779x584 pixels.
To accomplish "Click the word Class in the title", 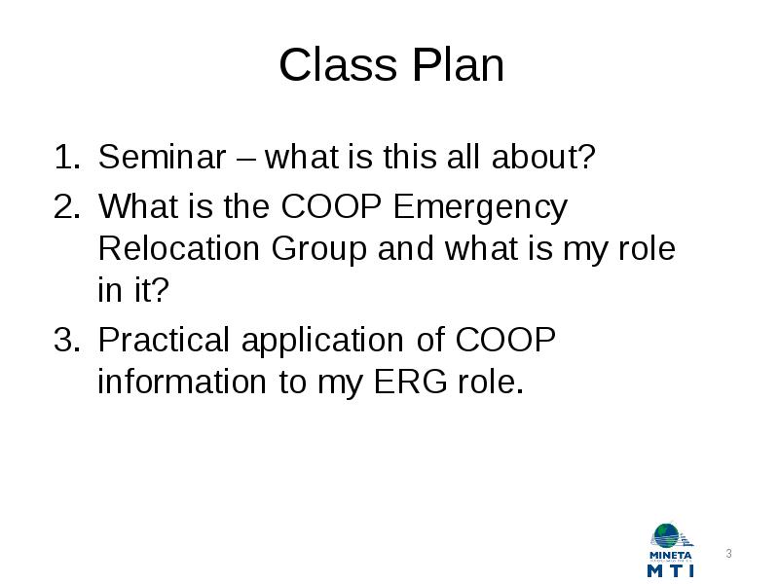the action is (x=338, y=64).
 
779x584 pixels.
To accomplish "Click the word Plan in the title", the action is (x=458, y=64).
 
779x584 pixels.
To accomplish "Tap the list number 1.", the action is (x=66, y=157).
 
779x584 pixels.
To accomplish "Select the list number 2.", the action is (x=66, y=206).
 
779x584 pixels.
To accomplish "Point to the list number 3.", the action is (x=66, y=340).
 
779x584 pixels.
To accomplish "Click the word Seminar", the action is (x=162, y=157).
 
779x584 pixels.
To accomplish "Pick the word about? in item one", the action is (x=543, y=157).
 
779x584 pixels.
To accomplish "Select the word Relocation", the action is (x=179, y=248).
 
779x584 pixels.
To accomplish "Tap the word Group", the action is (x=319, y=251).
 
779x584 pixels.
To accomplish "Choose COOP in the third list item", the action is (x=505, y=340).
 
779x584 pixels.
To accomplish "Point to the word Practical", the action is (x=164, y=340).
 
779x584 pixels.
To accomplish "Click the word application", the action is (x=322, y=343).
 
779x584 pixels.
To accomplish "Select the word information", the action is (x=182, y=382).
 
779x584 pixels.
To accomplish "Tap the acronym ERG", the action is (x=410, y=382).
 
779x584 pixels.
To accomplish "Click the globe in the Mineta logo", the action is (x=666, y=536).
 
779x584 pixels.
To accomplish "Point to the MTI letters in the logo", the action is (x=671, y=569).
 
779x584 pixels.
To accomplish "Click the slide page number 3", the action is (x=728, y=553).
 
